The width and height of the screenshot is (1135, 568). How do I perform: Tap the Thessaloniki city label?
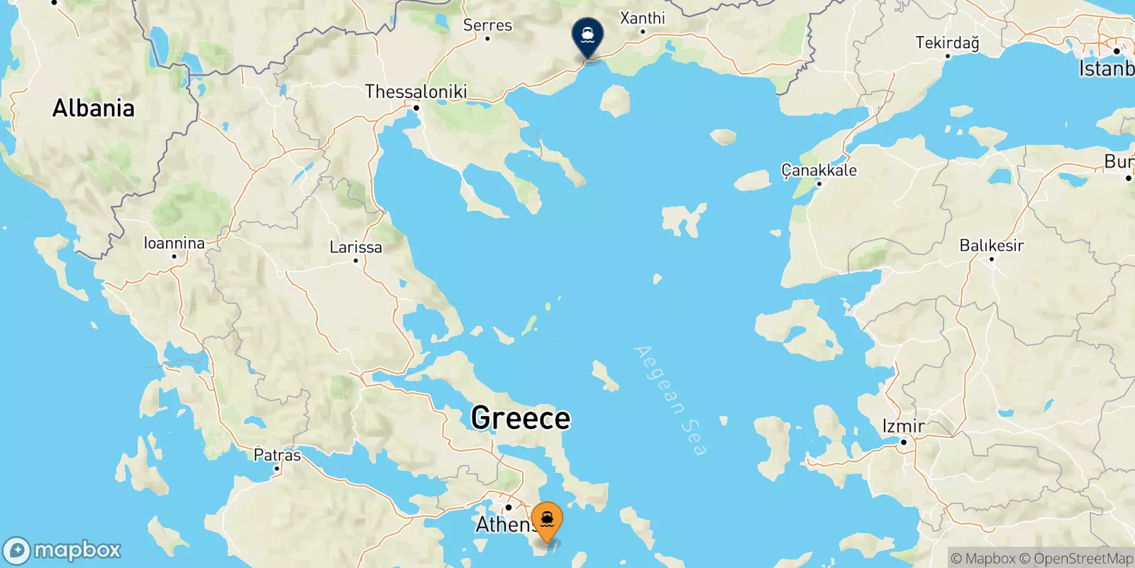(x=416, y=92)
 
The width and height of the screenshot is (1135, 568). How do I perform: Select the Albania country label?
(x=93, y=108)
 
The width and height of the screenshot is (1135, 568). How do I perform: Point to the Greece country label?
(x=521, y=417)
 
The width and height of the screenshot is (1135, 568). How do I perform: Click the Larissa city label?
(x=355, y=247)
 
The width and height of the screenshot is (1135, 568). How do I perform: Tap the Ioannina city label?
(x=174, y=243)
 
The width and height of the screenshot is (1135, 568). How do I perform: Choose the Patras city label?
(x=277, y=455)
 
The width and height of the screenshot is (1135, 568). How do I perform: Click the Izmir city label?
(x=903, y=426)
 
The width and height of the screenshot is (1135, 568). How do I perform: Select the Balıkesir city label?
(x=991, y=246)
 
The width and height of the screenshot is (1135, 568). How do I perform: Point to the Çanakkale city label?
(x=819, y=170)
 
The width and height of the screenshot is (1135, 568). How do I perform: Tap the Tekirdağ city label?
(x=947, y=43)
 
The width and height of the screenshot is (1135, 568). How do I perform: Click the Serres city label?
(x=487, y=25)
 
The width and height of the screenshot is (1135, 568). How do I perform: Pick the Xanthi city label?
(x=642, y=18)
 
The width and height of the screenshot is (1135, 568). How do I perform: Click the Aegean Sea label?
(x=670, y=400)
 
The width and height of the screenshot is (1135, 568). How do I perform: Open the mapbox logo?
(x=62, y=550)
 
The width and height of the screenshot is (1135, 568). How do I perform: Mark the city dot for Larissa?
(x=355, y=261)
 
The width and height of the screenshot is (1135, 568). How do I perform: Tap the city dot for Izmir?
(x=904, y=442)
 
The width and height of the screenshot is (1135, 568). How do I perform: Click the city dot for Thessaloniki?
(x=416, y=108)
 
